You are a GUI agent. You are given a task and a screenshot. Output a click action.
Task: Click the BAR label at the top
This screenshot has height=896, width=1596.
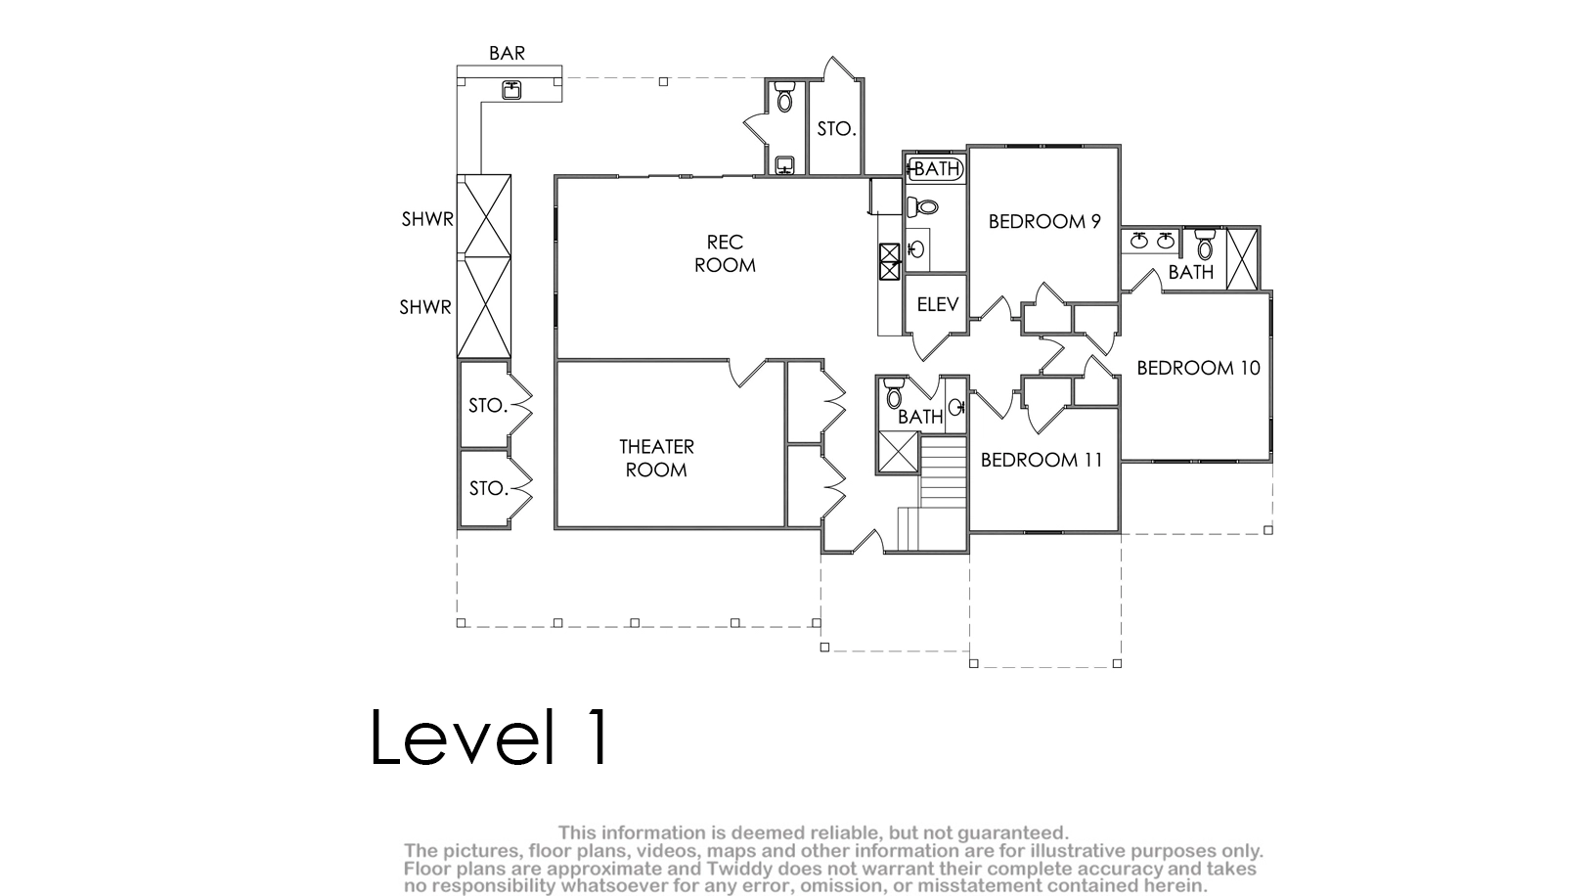click(x=507, y=53)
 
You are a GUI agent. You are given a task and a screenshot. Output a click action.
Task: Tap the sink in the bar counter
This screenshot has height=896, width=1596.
click(x=511, y=90)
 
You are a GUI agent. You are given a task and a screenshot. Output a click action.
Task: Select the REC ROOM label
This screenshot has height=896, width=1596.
click(x=725, y=253)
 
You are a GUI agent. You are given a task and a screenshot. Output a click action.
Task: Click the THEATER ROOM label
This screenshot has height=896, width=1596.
click(x=656, y=459)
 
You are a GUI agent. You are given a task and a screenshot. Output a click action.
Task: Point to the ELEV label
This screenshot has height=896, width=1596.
click(x=938, y=305)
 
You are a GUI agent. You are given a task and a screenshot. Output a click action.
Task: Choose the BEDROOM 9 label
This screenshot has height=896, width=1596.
click(x=1044, y=222)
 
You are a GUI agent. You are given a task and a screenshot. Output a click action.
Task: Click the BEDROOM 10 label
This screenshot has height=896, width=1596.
click(x=1198, y=368)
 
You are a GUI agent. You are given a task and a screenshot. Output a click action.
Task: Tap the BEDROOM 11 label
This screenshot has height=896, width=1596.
click(x=1041, y=460)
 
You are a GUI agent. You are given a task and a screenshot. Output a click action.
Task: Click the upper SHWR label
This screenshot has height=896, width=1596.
click(x=427, y=219)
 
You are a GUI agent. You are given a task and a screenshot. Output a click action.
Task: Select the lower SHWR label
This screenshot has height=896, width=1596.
click(x=425, y=307)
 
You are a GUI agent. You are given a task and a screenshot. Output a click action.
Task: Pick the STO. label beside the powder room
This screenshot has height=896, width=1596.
click(x=836, y=129)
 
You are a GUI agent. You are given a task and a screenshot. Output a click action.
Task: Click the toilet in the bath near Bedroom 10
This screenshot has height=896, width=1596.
click(x=1205, y=245)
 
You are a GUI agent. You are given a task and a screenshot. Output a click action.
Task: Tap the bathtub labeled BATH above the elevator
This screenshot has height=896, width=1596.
click(x=936, y=169)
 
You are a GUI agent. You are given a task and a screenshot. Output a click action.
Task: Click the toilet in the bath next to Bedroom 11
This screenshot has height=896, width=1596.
click(x=894, y=393)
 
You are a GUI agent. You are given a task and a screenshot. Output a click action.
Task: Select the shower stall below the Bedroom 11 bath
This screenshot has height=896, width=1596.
click(x=899, y=452)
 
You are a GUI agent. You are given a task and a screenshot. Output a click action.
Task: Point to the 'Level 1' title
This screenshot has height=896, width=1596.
click(x=490, y=737)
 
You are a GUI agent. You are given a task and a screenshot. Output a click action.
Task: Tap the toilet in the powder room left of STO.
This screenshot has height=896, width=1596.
click(x=784, y=97)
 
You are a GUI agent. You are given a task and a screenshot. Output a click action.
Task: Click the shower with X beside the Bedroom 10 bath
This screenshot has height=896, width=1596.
click(x=1243, y=259)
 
